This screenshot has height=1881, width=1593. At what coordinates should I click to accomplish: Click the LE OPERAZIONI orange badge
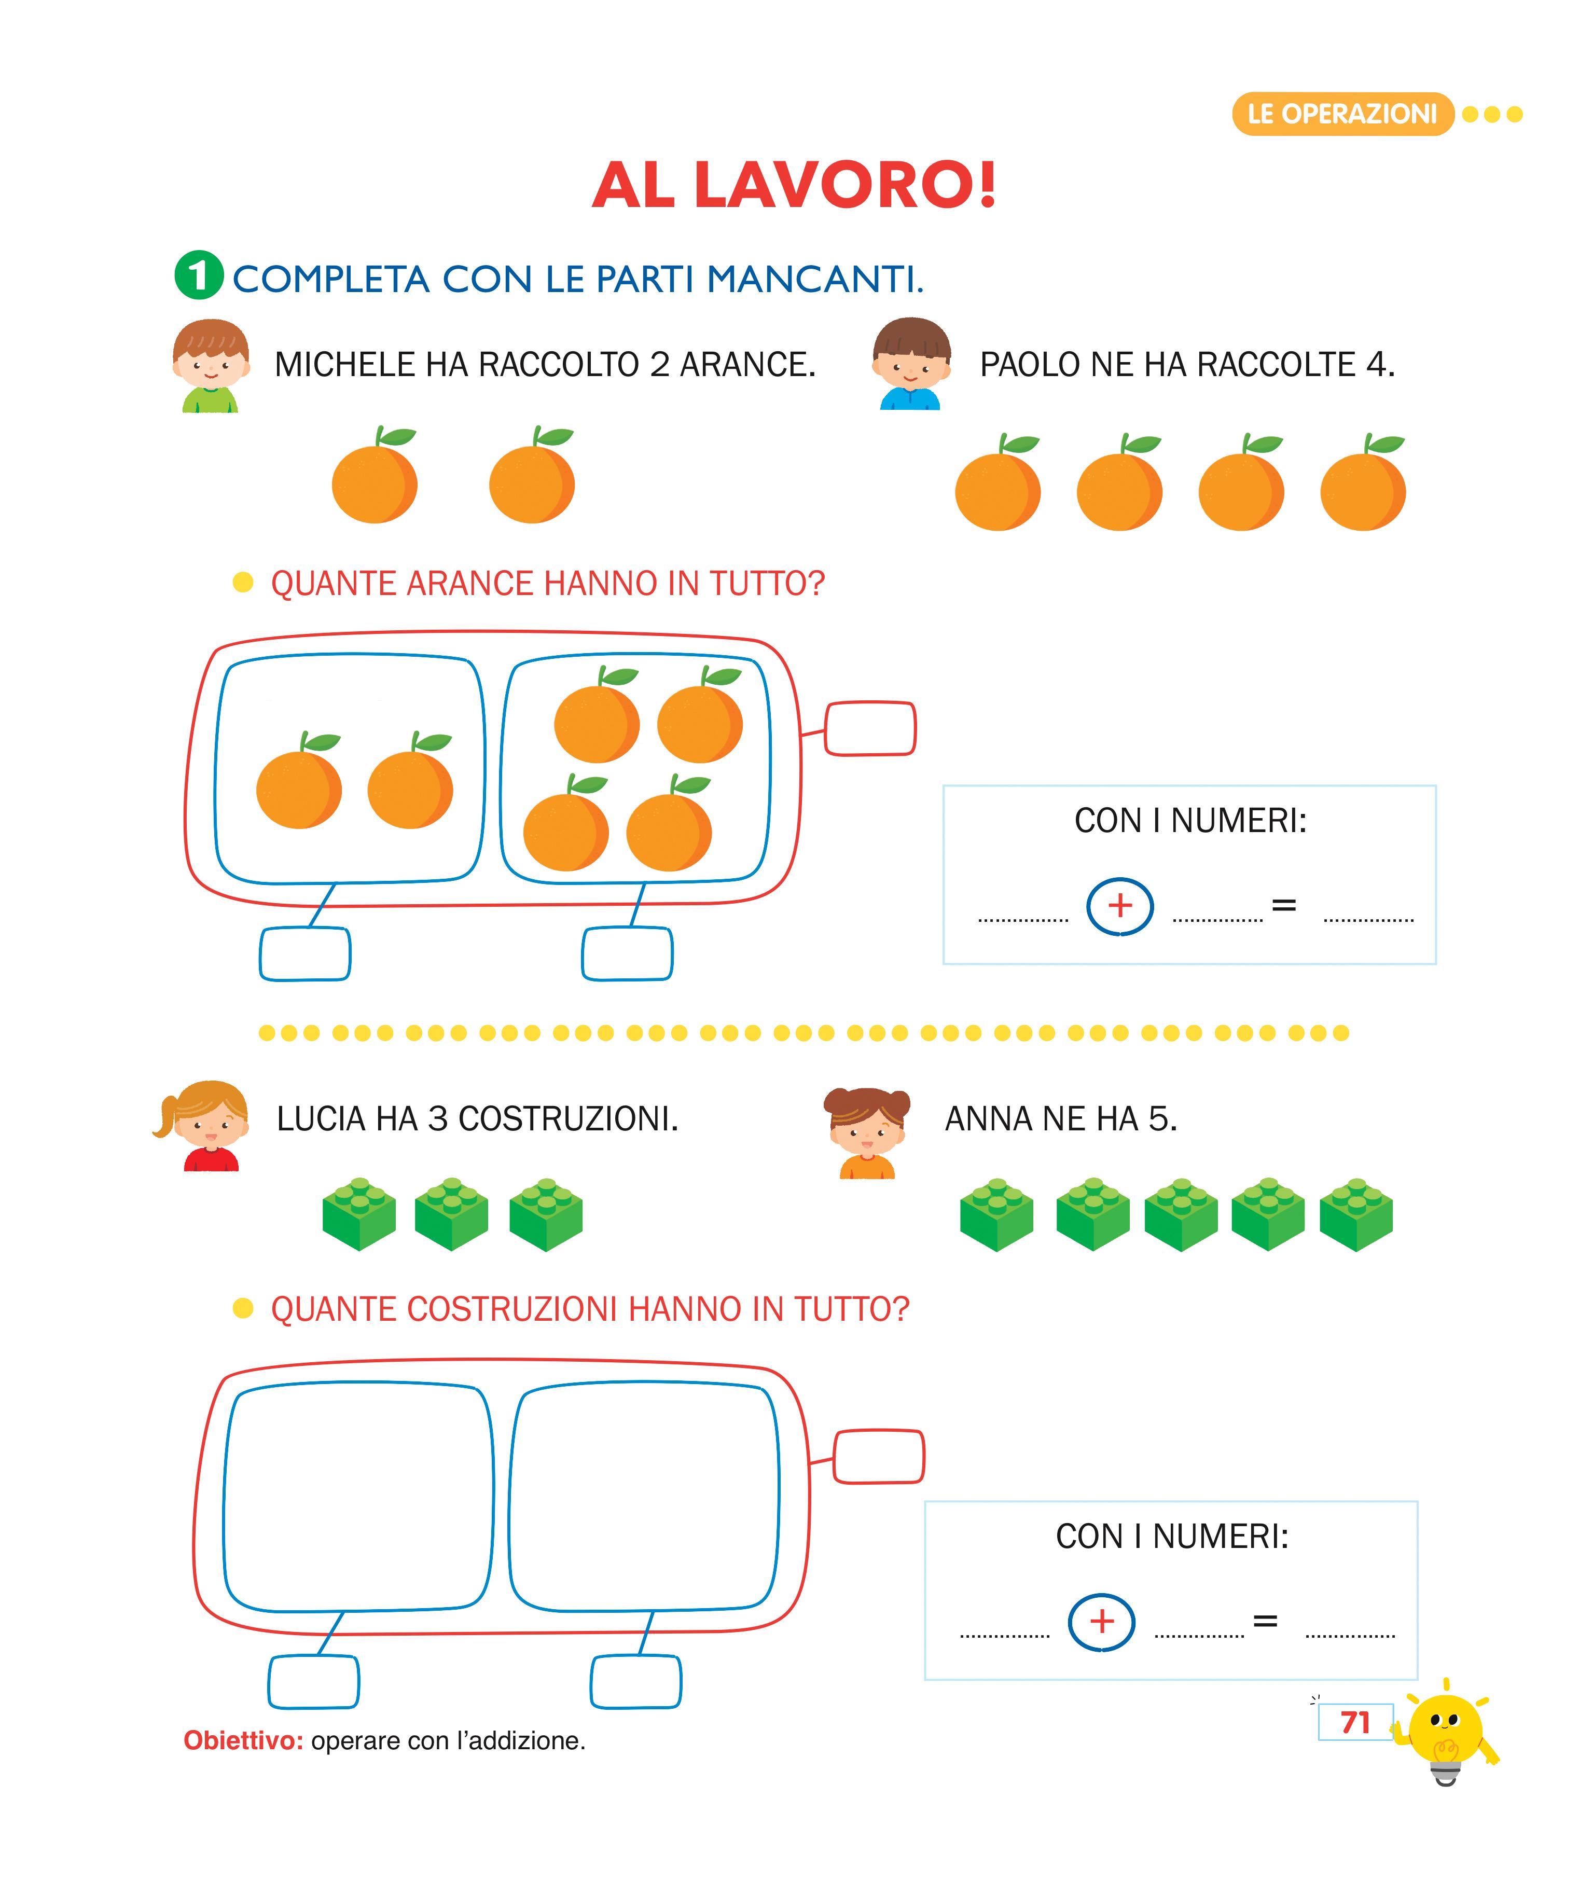click(1342, 114)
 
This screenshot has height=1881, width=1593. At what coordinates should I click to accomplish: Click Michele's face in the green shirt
click(211, 364)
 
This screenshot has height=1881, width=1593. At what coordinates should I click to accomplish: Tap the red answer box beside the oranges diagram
click(870, 728)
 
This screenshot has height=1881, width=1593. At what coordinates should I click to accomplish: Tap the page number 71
click(1355, 1722)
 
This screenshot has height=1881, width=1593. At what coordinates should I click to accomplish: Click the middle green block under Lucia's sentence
click(451, 1214)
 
